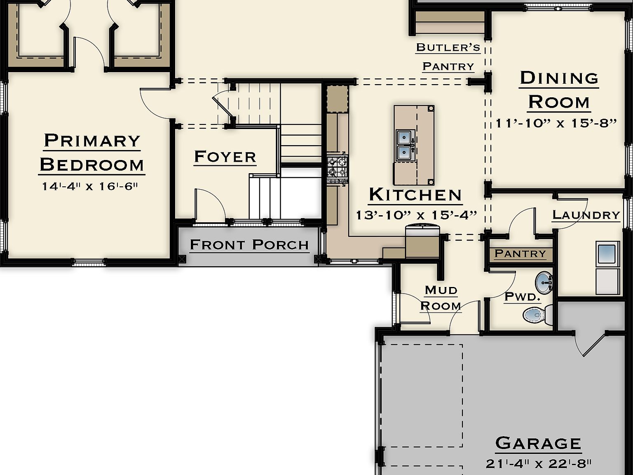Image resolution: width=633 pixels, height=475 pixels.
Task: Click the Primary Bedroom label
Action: pos(92,153)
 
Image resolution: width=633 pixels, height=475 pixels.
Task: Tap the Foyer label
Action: pos(225,157)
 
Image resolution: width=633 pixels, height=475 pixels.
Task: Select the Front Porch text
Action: pos(249,245)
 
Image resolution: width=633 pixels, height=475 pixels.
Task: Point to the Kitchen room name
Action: pos(415,195)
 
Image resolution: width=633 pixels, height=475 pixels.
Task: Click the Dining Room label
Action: pos(559,90)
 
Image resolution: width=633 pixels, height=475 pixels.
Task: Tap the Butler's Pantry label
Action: pos(448,56)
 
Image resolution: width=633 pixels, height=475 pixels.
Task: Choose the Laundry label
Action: pos(586,215)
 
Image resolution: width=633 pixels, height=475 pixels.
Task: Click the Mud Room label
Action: pos(441,298)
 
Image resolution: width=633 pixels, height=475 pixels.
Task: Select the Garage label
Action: pos(538,443)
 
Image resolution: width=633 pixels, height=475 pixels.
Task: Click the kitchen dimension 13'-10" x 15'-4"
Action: pos(416,215)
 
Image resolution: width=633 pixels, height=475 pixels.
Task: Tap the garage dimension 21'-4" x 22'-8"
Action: pos(539,463)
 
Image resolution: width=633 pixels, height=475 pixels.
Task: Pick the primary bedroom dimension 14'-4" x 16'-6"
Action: pos(89,186)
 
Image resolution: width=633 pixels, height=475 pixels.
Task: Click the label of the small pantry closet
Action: pos(520,253)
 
